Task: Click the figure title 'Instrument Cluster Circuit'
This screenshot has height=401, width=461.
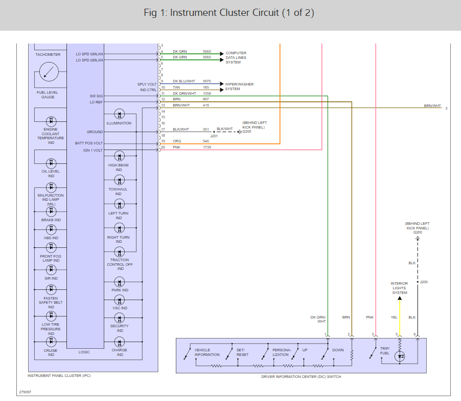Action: (x=229, y=13)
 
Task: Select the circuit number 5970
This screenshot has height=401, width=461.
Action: (x=206, y=81)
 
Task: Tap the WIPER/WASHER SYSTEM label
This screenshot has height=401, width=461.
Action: (x=239, y=87)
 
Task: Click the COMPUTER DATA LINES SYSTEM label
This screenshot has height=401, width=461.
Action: (x=236, y=57)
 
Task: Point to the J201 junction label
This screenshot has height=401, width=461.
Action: (x=214, y=136)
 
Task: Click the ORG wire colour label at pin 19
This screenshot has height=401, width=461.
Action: (x=177, y=141)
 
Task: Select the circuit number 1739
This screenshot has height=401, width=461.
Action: (x=206, y=147)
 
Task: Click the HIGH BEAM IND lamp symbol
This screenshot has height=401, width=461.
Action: (x=119, y=156)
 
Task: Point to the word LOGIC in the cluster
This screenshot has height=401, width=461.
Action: (x=84, y=352)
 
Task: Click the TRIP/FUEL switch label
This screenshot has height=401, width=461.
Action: (x=385, y=351)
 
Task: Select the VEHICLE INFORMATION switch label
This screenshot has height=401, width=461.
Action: (x=206, y=352)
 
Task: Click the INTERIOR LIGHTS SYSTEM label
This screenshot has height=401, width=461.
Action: (x=399, y=288)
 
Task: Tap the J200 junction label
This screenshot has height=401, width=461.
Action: (x=423, y=282)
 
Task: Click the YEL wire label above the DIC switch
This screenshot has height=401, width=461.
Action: (x=394, y=318)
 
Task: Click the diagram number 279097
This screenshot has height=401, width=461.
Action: (x=25, y=392)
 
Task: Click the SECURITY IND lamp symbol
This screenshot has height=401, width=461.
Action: (x=119, y=317)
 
